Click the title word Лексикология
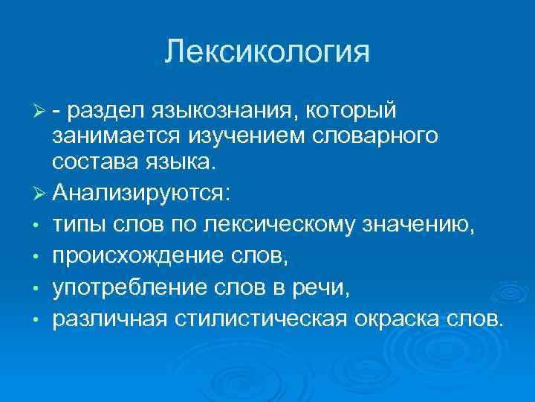pyautogui.click(x=267, y=52)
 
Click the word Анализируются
pyautogui.click(x=141, y=193)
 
